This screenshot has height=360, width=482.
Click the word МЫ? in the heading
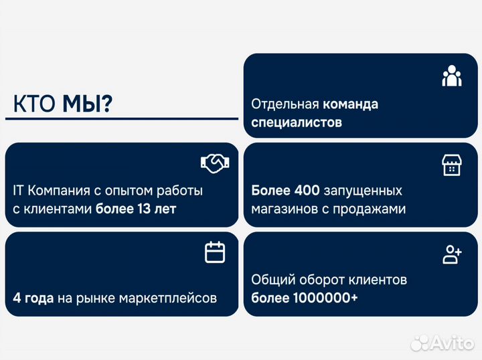point(88,104)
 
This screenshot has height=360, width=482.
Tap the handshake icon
point(215,162)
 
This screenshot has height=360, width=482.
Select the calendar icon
point(215,252)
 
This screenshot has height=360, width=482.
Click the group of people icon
point(452,76)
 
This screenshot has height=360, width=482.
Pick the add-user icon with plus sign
point(453,254)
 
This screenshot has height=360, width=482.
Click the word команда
point(350,104)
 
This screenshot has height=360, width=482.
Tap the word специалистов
point(297,122)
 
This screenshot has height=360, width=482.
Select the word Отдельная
point(285,104)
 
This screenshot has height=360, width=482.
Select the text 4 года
point(33,298)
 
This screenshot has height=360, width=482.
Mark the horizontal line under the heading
point(121,118)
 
